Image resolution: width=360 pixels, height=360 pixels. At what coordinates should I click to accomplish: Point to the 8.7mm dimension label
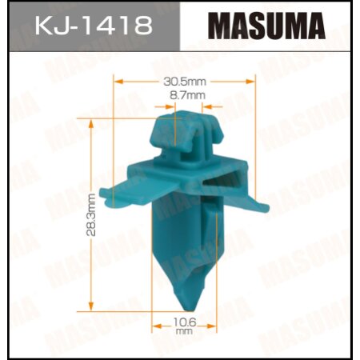[x=187, y=95]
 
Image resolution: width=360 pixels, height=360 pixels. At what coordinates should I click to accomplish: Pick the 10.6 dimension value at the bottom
[x=185, y=321]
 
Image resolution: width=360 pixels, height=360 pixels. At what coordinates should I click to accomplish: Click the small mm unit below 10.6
[x=185, y=330]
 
